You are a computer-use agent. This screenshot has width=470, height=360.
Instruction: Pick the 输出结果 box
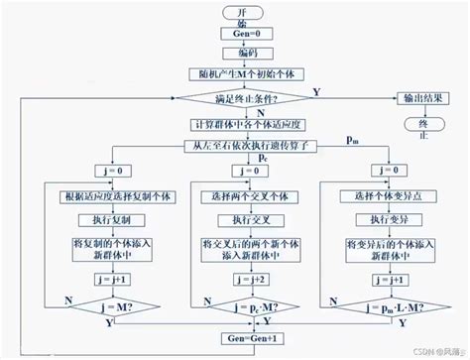[420, 98]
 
